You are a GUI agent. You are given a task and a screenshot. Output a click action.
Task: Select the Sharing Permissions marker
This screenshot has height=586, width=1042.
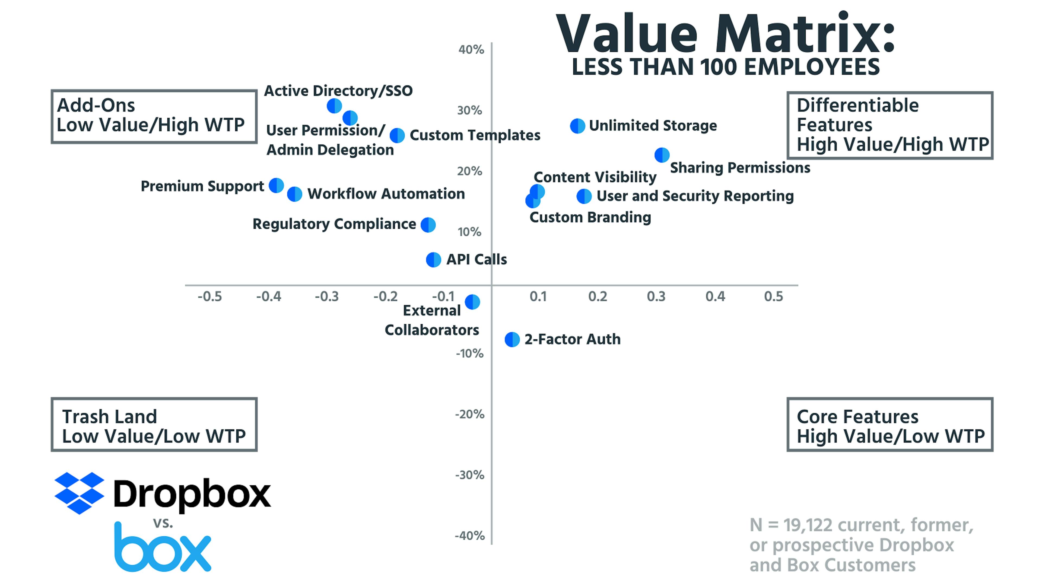point(662,155)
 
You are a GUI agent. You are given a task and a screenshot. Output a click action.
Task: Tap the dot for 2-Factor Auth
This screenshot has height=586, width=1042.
point(512,340)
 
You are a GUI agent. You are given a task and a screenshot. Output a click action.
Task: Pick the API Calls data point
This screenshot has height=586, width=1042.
point(433,260)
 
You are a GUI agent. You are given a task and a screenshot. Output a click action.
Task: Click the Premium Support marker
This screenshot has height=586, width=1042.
point(276,186)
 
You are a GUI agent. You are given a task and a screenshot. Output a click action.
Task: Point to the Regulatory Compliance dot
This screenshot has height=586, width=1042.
point(428,225)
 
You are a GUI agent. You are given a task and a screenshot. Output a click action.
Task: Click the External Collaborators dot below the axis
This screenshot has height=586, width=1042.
point(472,302)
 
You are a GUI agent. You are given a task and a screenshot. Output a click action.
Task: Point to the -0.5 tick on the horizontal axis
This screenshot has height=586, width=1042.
point(209,297)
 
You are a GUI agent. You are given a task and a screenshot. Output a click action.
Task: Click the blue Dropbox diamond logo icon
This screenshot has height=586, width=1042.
point(79,493)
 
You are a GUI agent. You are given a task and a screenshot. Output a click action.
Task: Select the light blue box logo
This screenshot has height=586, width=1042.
point(163,548)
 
